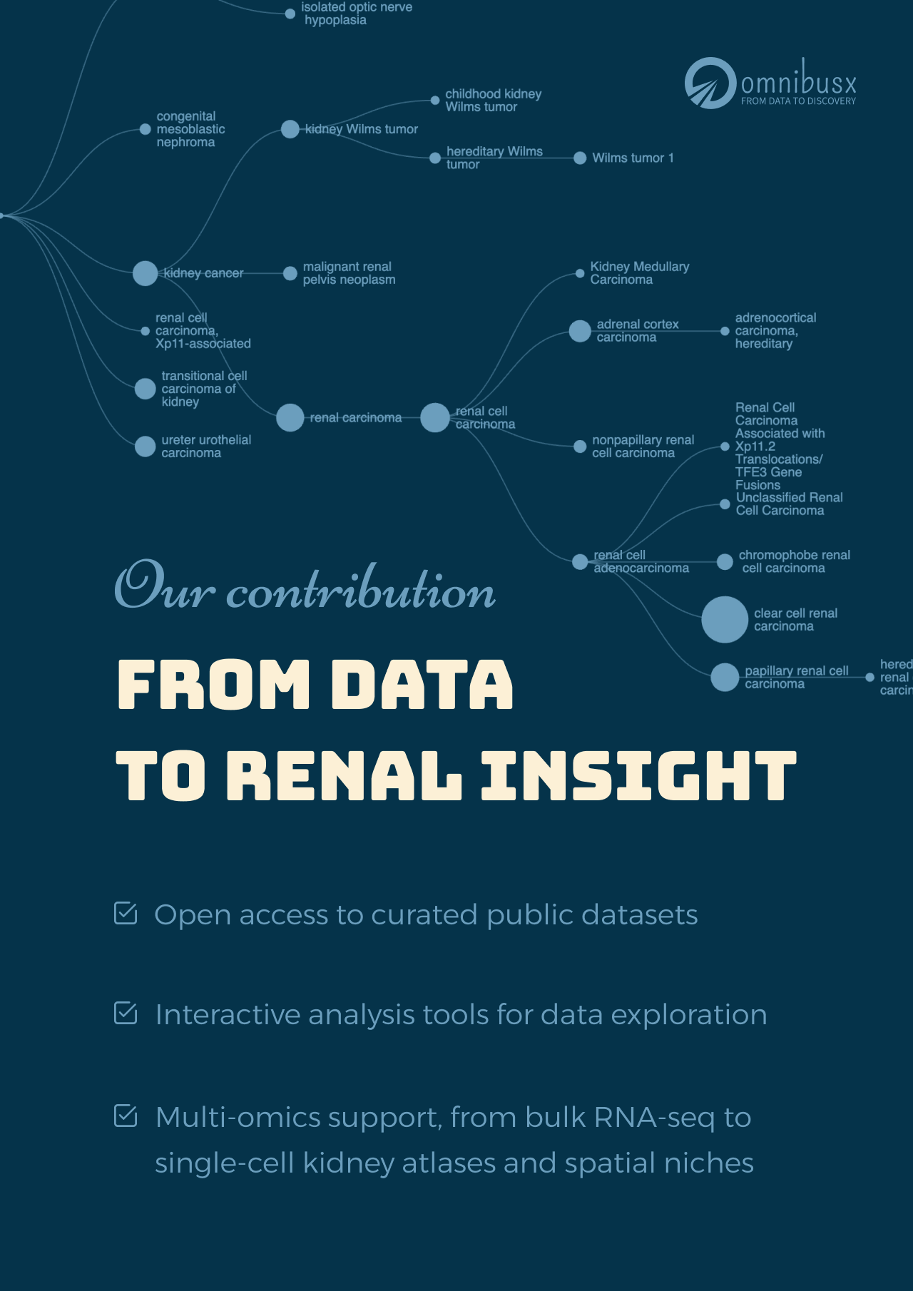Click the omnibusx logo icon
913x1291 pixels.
710,83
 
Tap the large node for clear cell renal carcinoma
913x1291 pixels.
724,619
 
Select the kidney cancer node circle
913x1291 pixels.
145,273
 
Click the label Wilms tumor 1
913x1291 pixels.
633,158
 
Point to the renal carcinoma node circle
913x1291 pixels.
290,417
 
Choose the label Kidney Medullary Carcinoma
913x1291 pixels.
639,273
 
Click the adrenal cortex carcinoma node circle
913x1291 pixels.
580,331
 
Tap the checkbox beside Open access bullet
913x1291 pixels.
126,913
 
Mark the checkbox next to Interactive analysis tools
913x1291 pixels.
126,1013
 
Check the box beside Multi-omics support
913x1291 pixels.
126,1116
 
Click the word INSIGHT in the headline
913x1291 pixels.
638,775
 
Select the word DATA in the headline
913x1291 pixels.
422,684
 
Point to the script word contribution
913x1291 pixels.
361,590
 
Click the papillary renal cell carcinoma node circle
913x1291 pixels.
725,677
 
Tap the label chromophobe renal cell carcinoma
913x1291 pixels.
794,561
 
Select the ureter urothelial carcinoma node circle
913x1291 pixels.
145,447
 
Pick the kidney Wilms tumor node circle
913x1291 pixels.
290,129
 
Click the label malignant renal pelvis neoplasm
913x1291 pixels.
349,273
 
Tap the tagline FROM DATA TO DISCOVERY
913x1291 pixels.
798,101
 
